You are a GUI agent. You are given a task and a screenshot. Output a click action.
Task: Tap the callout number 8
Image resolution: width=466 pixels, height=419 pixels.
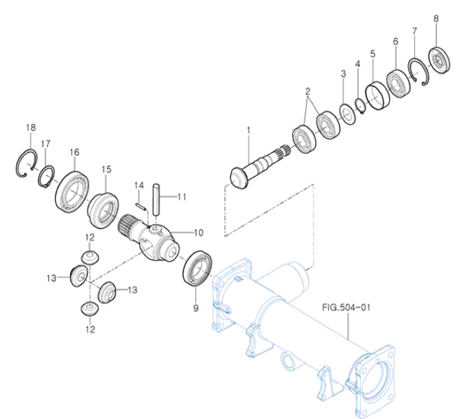436,19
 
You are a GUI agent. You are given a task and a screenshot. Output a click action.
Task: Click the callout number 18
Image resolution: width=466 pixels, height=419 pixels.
30,127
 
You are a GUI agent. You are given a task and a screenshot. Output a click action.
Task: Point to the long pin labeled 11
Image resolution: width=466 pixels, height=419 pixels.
157,199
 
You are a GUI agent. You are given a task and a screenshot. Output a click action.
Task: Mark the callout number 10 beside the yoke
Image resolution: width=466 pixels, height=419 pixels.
198,232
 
